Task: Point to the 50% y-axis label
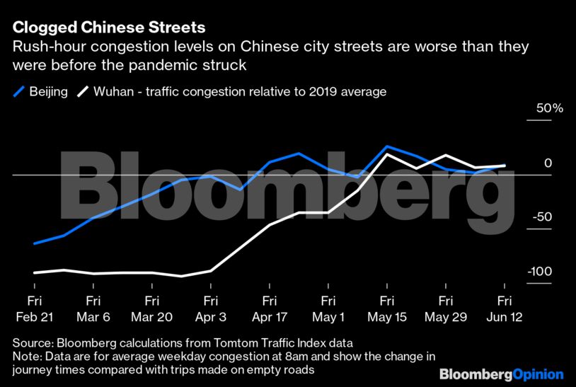tap(549, 109)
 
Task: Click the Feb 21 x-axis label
tap(33, 317)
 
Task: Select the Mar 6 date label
tap(93, 317)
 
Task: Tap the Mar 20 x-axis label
tap(151, 317)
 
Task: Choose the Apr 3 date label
tap(210, 317)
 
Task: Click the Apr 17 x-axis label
tap(269, 317)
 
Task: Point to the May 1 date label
tap(328, 317)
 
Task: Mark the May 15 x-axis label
tap(386, 317)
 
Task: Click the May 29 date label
tap(445, 317)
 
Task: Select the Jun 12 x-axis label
tap(504, 317)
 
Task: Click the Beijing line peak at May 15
tap(386, 146)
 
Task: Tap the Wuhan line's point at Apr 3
tap(210, 270)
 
